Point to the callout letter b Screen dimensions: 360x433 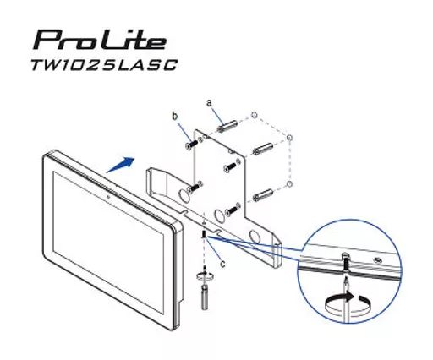coord(175,115)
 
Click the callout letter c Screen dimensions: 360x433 coord(223,263)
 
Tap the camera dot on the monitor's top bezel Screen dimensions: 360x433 coord(111,195)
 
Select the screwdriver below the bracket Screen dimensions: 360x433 coord(206,292)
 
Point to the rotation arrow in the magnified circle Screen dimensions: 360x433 coord(347,302)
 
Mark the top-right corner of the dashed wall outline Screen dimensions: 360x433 coord(289,136)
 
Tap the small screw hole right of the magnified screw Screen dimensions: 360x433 coord(377,259)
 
